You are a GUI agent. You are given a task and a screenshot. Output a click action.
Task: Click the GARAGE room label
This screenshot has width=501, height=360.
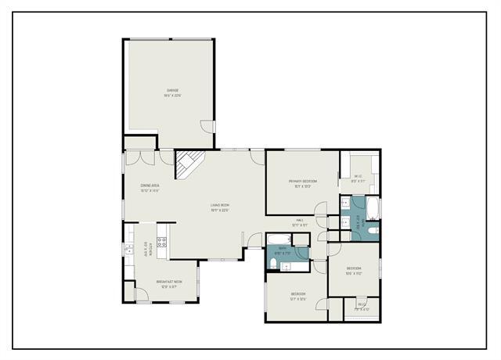[171, 91]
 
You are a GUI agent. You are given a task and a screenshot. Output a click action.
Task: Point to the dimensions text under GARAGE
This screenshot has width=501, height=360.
[171, 96]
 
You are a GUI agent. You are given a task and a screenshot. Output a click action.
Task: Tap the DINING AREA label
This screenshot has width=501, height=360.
[150, 185]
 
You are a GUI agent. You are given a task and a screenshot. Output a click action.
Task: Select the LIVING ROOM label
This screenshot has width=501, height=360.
[219, 205]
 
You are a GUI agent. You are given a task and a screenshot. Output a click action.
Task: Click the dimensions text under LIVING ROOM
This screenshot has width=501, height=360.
[219, 210]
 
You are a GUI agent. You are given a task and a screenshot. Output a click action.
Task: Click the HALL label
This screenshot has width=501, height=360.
[299, 221]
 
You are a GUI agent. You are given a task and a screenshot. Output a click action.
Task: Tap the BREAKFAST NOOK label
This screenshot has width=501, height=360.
[169, 282]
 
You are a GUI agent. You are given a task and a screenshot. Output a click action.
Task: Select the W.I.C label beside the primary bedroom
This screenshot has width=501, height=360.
[357, 176]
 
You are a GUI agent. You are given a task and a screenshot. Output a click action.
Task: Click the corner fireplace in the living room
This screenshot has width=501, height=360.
[188, 164]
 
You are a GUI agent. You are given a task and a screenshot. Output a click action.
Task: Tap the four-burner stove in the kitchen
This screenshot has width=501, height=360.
[163, 243]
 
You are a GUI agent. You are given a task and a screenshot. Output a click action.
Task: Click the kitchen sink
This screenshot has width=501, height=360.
[128, 249]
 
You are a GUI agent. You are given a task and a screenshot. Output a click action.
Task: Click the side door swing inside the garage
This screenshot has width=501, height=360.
[207, 126]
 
